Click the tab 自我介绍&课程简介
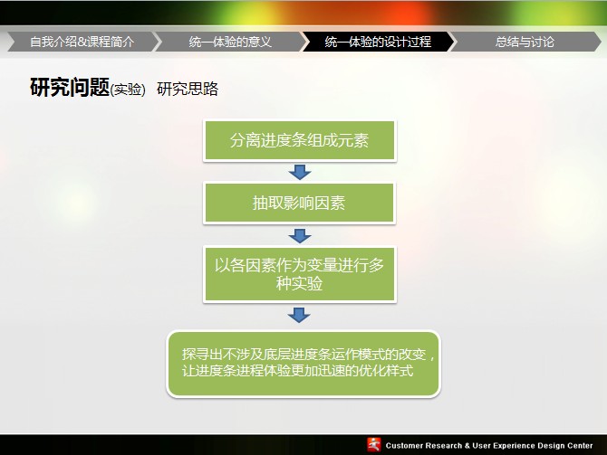coord(82,42)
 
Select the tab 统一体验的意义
coord(230,42)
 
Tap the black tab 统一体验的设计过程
coord(378,42)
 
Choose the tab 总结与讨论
coord(525,42)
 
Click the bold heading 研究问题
coord(70,87)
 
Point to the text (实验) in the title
coord(128,90)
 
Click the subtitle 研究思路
coord(188,89)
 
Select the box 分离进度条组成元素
coord(300,140)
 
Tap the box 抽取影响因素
coord(299,203)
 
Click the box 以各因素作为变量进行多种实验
coord(300,274)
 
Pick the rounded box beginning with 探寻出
coord(303,364)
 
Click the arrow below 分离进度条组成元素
coord(300,172)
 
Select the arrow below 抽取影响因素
coord(300,236)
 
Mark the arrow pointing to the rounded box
coord(299,315)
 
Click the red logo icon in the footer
coord(374,445)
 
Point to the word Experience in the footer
coord(508,446)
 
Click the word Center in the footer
coord(579,446)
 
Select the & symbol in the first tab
coord(82,42)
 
